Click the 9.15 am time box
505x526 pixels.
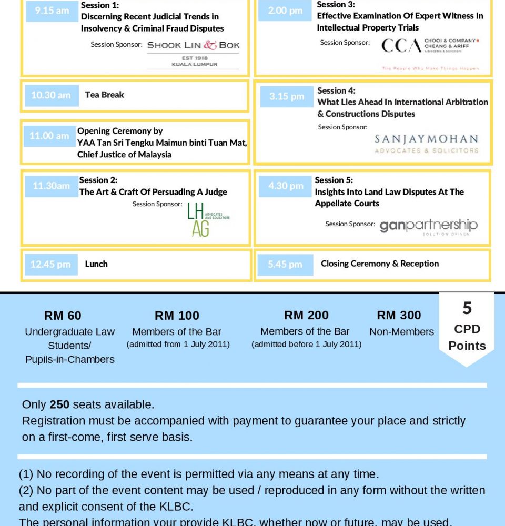coord(51,11)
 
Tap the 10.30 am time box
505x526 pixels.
coord(51,95)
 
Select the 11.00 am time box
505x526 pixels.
coord(49,136)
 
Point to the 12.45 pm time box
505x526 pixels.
coord(50,264)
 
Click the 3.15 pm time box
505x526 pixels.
coord(287,96)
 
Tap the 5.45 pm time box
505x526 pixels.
coord(285,264)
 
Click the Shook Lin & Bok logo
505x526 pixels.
coord(193,53)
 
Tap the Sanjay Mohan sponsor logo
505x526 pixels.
coord(426,144)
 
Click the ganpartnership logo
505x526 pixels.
coord(428,226)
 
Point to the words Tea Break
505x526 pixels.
coord(104,95)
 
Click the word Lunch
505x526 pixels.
coord(96,264)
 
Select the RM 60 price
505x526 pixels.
coord(63,316)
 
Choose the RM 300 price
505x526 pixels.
coord(399,315)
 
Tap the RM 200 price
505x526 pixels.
coord(306,315)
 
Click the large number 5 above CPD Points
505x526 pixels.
coord(467,308)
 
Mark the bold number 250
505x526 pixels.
coord(59,404)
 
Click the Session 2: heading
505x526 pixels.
coord(98,180)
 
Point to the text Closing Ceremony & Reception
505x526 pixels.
coord(380,264)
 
